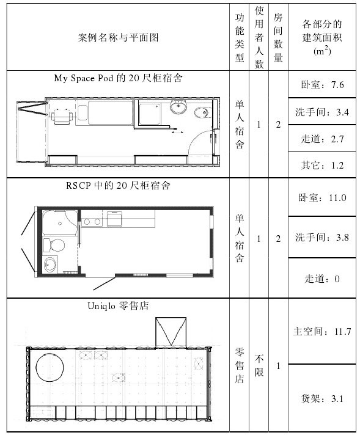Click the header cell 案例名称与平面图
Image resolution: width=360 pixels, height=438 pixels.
click(118, 37)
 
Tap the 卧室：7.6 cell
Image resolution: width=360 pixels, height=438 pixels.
click(322, 84)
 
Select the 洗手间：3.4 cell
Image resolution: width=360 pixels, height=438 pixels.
click(322, 112)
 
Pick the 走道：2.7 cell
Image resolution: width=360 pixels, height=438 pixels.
click(322, 139)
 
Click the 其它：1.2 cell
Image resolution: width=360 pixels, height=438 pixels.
click(322, 165)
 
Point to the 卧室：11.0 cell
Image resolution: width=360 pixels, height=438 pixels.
click(322, 197)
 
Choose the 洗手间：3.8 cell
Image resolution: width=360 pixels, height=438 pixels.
click(322, 237)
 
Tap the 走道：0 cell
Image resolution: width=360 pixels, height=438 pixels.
click(322, 278)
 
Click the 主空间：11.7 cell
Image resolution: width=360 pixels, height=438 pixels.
click(322, 331)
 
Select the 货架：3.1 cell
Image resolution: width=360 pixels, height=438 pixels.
click(322, 398)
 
